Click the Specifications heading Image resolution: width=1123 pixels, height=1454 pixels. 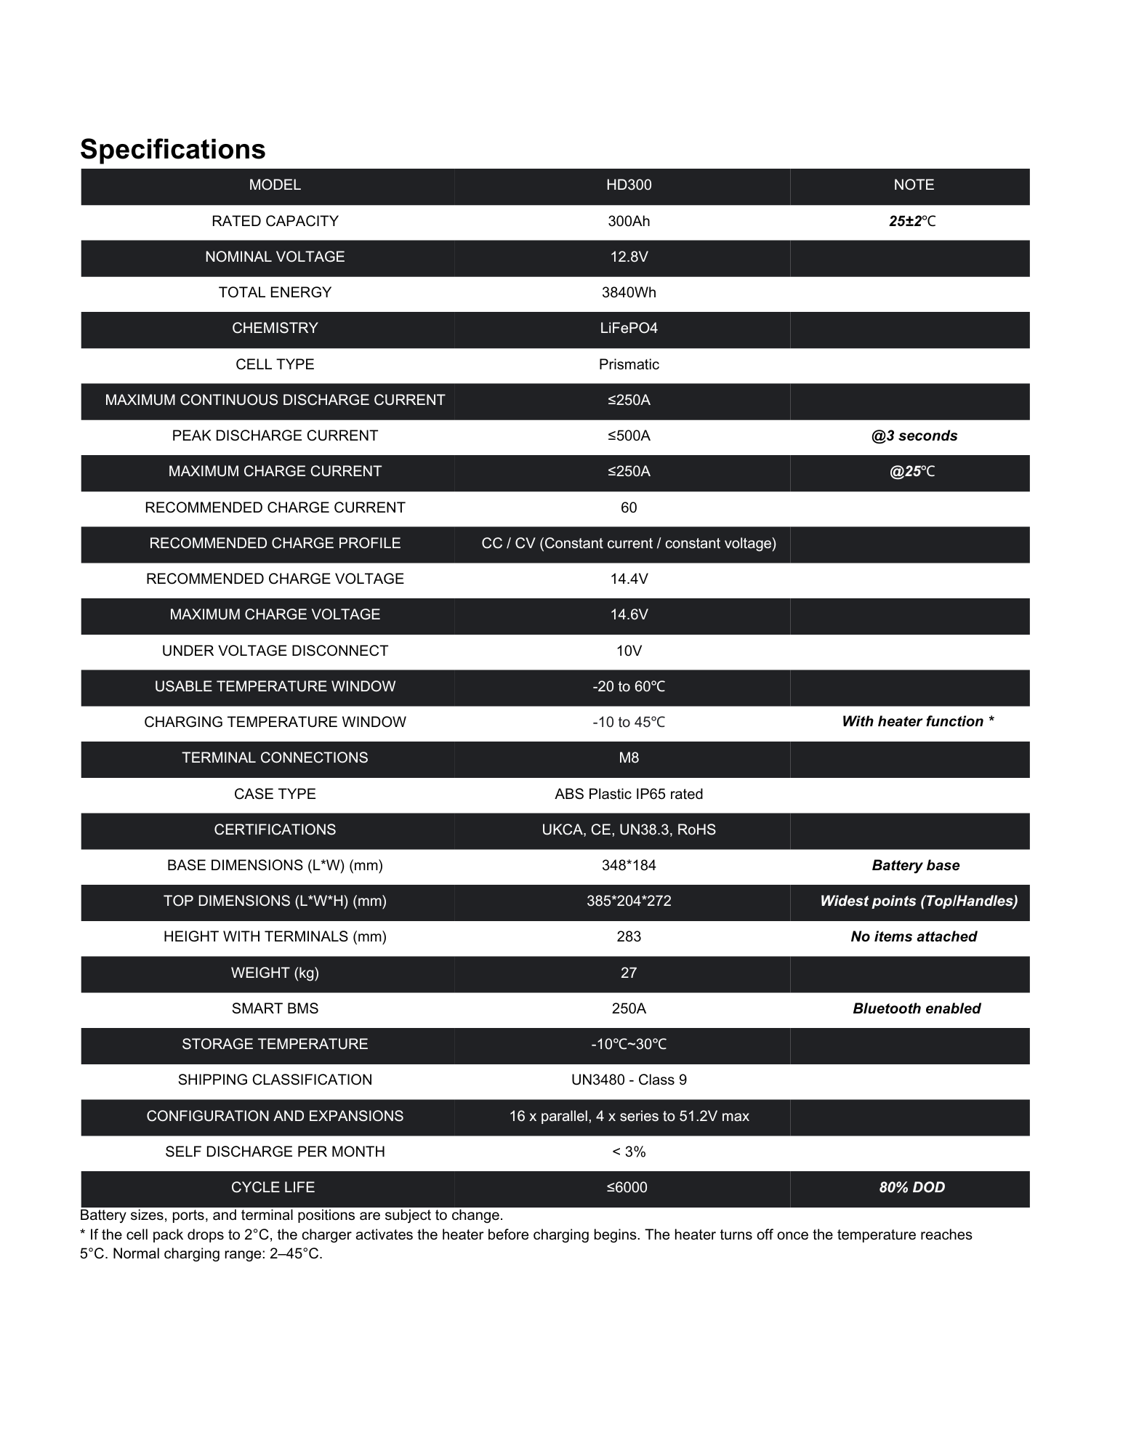tap(173, 149)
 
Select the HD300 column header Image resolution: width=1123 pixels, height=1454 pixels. tap(629, 185)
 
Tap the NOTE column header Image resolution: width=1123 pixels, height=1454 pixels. tap(914, 185)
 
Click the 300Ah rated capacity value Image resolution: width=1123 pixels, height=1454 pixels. tap(629, 221)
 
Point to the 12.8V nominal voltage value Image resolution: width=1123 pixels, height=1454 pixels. tap(629, 257)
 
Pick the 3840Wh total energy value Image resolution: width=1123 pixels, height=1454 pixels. tap(629, 292)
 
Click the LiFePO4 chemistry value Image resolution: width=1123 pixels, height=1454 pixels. tap(629, 328)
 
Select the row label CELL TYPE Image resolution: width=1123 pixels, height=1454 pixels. tap(275, 364)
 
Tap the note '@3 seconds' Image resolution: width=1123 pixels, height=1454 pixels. tap(914, 435)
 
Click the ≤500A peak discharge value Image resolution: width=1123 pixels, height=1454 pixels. tap(629, 435)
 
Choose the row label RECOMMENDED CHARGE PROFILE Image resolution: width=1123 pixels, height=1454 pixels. tap(275, 543)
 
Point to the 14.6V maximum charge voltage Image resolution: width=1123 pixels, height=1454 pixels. tap(629, 614)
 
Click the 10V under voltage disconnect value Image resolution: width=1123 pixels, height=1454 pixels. tap(629, 651)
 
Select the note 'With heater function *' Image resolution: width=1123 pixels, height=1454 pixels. tap(917, 721)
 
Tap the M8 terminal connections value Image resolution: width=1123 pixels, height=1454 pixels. tap(629, 758)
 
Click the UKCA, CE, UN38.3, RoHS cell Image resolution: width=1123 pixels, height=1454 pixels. tap(629, 830)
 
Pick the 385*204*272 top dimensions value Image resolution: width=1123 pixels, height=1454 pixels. tap(629, 901)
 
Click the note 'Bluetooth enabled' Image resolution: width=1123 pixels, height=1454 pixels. tap(917, 1008)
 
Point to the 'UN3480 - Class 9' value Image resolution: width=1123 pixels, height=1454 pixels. tap(629, 1080)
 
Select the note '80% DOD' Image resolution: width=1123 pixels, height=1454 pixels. tap(912, 1187)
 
